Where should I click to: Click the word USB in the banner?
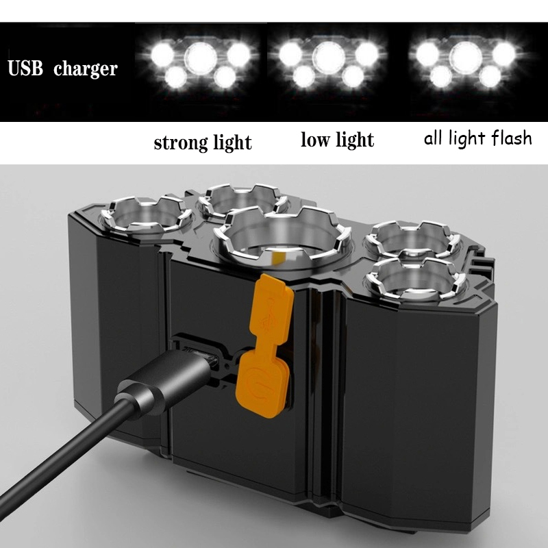25,68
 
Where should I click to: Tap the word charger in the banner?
85,70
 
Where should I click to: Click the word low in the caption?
315,140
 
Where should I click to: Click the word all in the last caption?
434,138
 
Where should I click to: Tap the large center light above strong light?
201,58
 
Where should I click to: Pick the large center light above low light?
329,58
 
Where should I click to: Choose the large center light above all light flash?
466,58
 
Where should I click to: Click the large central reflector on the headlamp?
282,238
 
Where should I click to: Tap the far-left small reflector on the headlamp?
146,216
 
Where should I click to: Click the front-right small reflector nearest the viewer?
415,279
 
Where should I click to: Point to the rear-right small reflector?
413,239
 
